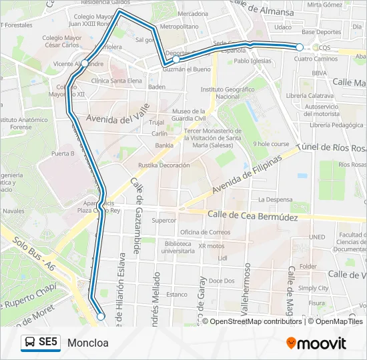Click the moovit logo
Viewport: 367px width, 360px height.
[316, 343]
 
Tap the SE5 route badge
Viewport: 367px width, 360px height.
[41, 343]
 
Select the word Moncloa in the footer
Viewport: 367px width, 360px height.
[87, 343]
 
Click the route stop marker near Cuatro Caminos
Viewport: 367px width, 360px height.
[300, 47]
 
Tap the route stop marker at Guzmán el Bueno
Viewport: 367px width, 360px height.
[176, 59]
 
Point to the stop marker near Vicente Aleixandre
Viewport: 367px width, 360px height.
[85, 64]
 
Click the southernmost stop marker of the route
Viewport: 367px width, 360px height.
[101, 317]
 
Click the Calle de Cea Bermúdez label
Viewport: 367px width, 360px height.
[252, 215]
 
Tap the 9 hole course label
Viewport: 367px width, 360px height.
[271, 143]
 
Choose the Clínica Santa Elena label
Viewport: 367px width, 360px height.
[117, 81]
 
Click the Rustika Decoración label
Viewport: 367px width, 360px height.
[164, 165]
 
